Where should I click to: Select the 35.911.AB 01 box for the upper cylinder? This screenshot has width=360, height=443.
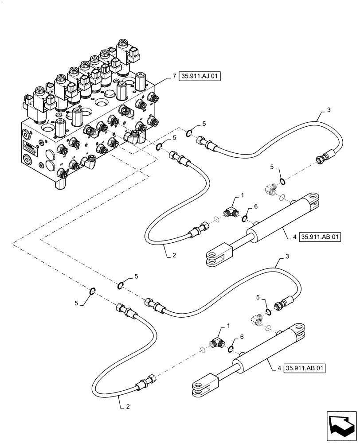320,237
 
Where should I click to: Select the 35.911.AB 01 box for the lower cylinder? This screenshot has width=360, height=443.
320,368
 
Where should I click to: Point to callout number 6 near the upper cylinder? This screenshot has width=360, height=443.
255,206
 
